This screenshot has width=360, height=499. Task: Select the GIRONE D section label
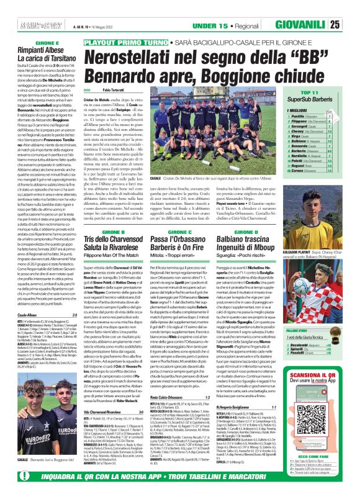[x=256, y=214]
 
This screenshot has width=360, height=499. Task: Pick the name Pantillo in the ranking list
[x=304, y=116]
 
